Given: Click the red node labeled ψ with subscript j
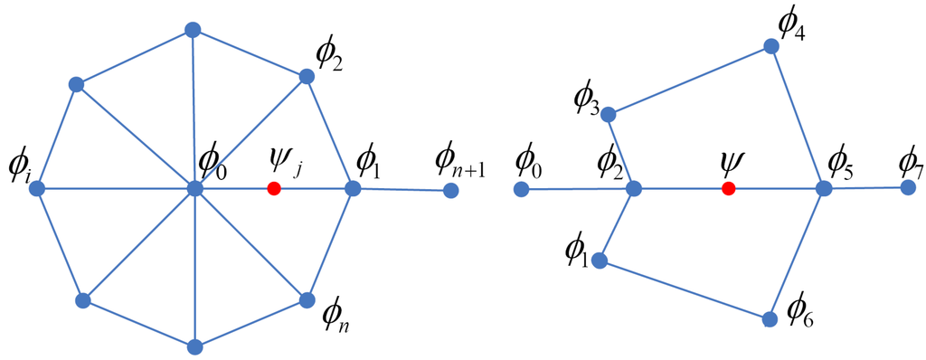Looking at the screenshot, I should tap(274, 188).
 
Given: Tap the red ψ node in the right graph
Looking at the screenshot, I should tap(728, 188).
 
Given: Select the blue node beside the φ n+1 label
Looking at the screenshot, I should tap(450, 191).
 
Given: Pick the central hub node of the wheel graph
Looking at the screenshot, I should tap(194, 188).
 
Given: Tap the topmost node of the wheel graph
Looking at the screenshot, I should tap(192, 30).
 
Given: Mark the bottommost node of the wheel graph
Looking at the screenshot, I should tap(194, 346).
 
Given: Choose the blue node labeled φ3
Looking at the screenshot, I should tap(609, 114).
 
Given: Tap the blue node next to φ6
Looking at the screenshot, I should tap(770, 318).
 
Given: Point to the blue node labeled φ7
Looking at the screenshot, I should tap(908, 186).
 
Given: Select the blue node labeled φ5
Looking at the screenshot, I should tap(824, 188).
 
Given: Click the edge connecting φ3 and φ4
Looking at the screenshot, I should tap(690, 80).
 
